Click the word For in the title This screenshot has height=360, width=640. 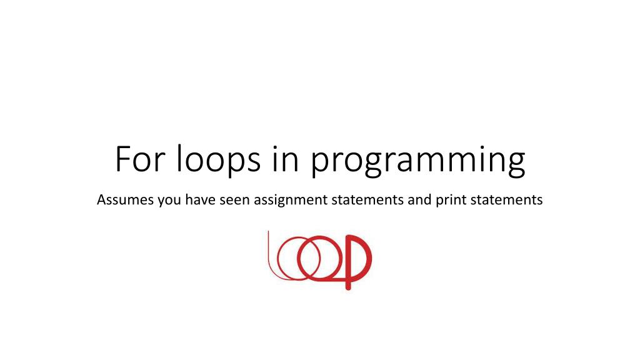pos(138,160)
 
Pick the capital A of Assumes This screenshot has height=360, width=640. pos(102,201)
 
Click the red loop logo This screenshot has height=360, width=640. pos(319,259)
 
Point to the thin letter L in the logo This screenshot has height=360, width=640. pos(270,256)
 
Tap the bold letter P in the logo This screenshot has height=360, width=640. pos(358,259)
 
